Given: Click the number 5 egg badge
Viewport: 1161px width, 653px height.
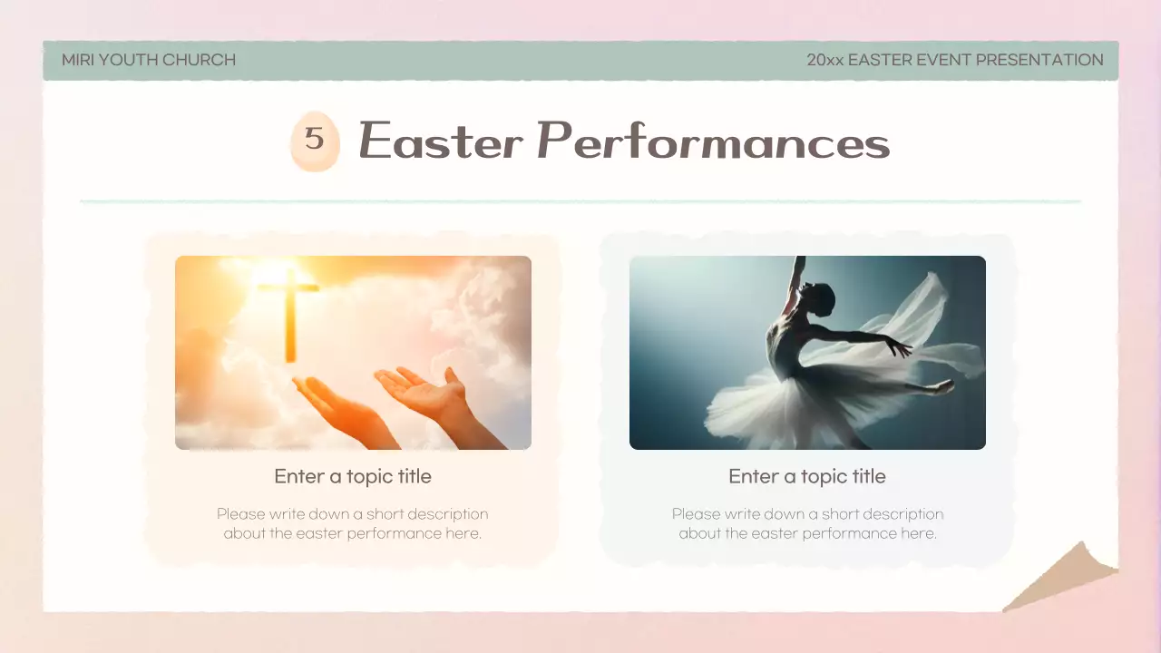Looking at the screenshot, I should (x=314, y=141).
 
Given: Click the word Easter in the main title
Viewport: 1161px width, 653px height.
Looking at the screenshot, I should (x=441, y=141).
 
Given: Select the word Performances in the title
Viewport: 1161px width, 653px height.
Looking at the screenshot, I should (x=713, y=141).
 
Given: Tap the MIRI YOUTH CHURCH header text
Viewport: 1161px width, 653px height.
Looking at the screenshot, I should (x=149, y=60).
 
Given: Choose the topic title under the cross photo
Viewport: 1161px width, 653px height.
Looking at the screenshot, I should (x=353, y=476).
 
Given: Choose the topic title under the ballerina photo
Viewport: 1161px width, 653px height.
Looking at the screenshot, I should (x=807, y=476).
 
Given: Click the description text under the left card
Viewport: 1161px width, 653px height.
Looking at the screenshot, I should (x=353, y=523).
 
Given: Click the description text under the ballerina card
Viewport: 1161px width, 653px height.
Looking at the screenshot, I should (x=807, y=523).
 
